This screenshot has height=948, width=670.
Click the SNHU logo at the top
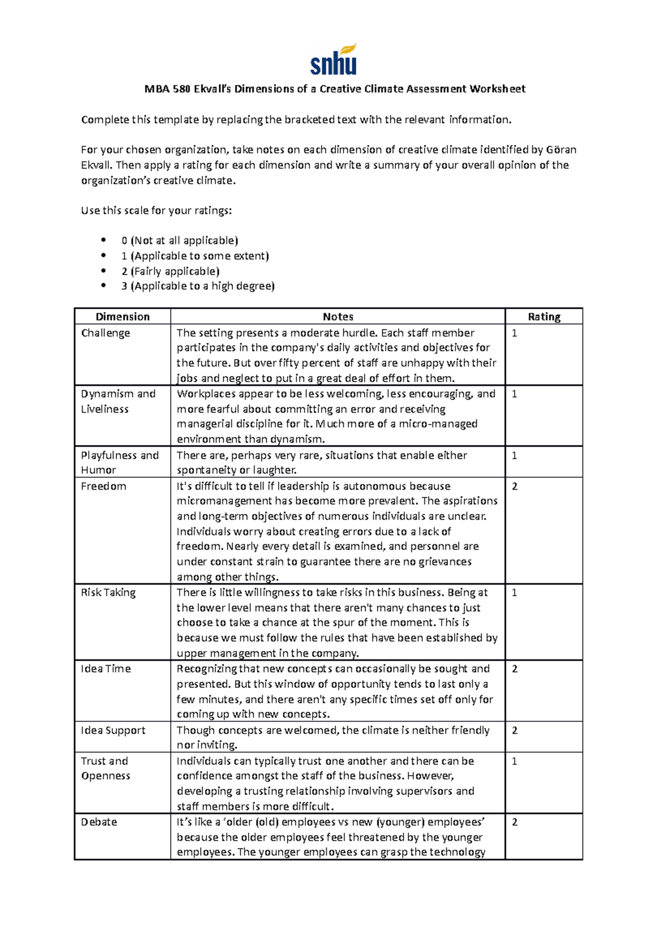tap(333, 60)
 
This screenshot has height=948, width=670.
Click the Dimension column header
tap(122, 317)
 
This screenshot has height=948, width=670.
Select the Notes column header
tap(338, 317)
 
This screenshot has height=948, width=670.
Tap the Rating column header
tap(544, 317)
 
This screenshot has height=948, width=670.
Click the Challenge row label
tap(106, 333)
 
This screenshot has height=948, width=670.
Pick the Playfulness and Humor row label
tap(119, 462)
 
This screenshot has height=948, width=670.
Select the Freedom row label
tap(103, 486)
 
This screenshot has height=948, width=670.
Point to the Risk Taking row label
tap(108, 592)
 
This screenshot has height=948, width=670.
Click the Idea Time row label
tap(106, 669)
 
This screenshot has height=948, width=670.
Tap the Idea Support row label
tap(113, 730)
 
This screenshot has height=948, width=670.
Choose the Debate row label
tap(99, 822)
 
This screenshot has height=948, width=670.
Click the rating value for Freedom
tap(514, 486)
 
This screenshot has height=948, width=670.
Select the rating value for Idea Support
tap(514, 730)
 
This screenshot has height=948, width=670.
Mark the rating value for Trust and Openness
tap(514, 761)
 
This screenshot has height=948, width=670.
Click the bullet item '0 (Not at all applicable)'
tap(179, 241)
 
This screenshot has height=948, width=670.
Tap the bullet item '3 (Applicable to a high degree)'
tap(198, 286)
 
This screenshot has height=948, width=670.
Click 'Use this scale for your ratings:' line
tap(156, 210)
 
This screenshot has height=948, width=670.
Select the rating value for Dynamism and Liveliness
tap(514, 394)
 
